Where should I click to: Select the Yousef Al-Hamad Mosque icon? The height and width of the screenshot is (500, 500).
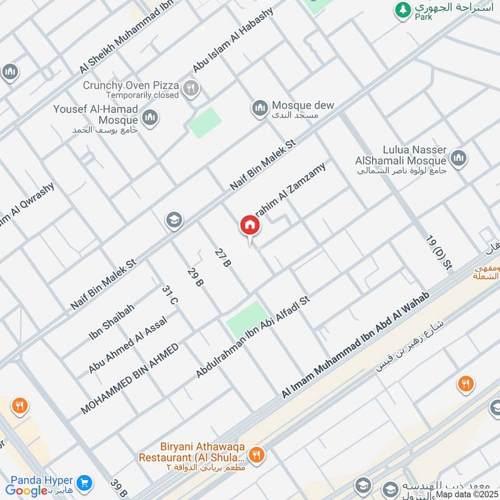click(x=150, y=117)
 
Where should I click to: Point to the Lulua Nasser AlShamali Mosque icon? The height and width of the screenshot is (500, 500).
click(x=459, y=158)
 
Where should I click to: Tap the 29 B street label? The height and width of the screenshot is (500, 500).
click(x=195, y=277)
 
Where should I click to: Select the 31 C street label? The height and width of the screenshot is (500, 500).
click(x=170, y=295)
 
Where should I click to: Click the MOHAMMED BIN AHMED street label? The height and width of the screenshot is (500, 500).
click(x=129, y=379)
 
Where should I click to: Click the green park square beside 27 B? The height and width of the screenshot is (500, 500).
click(x=246, y=319)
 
